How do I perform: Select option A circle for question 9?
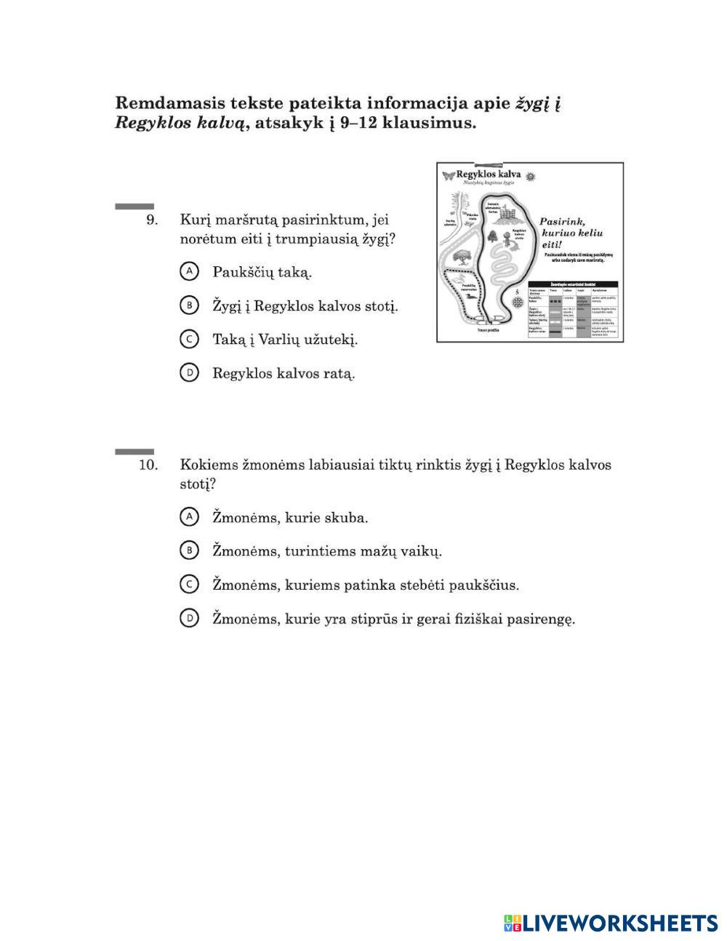coord(189,271)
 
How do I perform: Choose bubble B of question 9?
coord(189,305)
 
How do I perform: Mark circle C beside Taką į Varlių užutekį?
coord(189,339)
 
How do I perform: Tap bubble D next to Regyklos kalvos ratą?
coord(189,373)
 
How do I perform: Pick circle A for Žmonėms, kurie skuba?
coord(189,517)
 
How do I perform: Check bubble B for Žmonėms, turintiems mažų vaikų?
coord(189,550)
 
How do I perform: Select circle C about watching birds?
coord(189,584)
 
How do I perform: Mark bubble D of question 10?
coord(189,618)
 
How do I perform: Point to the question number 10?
coord(148,465)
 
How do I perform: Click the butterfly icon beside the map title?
coord(447,175)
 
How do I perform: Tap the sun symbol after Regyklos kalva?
coord(531,176)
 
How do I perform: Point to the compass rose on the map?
coord(518,300)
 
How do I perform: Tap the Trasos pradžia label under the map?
coord(490,329)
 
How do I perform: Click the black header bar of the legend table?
coord(573,284)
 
